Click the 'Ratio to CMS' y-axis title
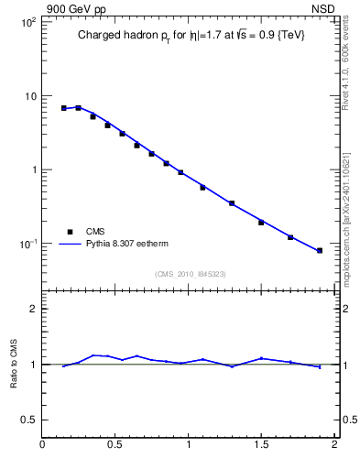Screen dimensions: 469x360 pyautogui.click(x=14, y=364)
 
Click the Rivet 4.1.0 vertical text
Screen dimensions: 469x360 pyautogui.click(x=347, y=69)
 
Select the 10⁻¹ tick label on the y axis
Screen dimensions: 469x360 pyautogui.click(x=27, y=244)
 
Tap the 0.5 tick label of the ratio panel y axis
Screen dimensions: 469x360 pyautogui.click(x=28, y=420)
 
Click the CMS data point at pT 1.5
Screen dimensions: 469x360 pyautogui.click(x=261, y=223)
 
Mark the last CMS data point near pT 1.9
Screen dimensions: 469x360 pyautogui.click(x=320, y=250)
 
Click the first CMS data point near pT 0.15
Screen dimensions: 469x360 pyautogui.click(x=64, y=108)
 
